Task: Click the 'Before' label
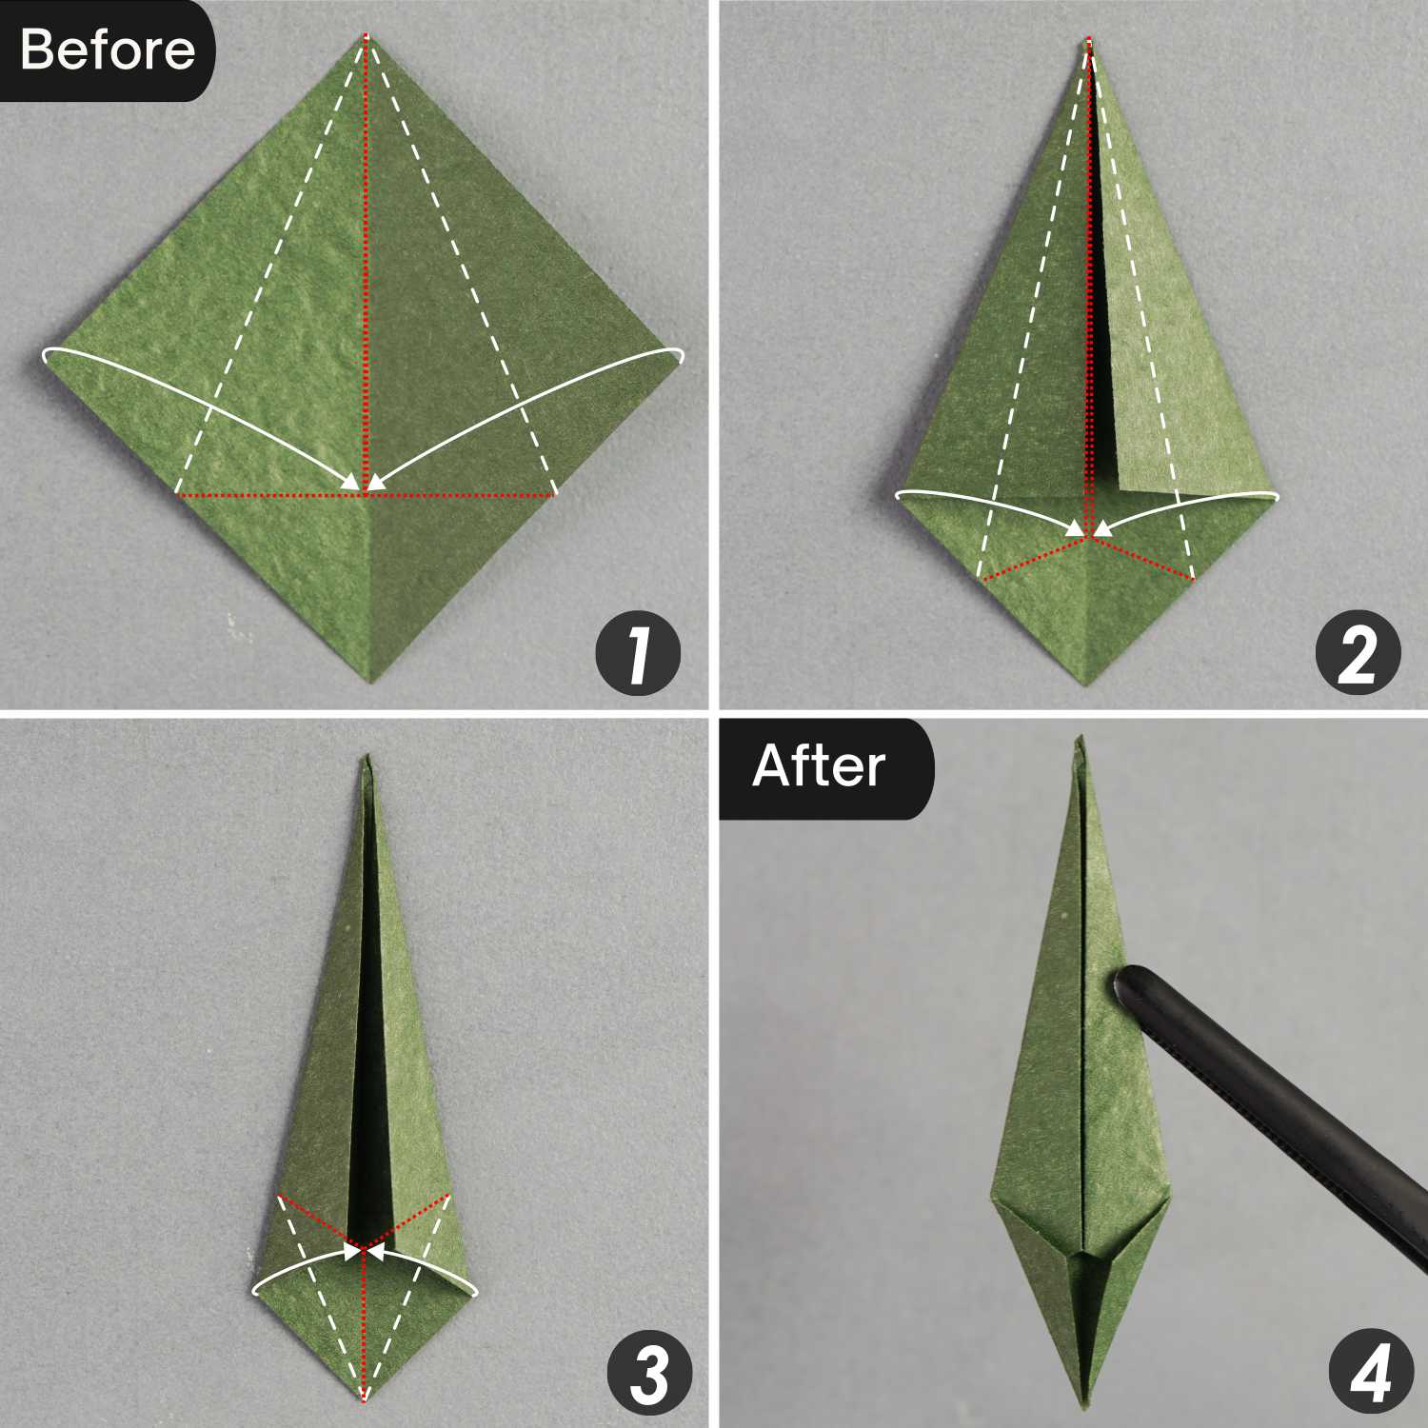click(107, 50)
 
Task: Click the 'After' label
click(819, 766)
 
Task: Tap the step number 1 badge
click(638, 652)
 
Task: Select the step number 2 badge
click(1358, 652)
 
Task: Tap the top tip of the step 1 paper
click(367, 34)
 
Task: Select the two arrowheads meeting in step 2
click(1089, 529)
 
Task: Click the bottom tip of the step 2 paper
click(1089, 684)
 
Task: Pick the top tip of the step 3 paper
click(367, 758)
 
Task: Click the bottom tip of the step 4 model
click(1085, 1407)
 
